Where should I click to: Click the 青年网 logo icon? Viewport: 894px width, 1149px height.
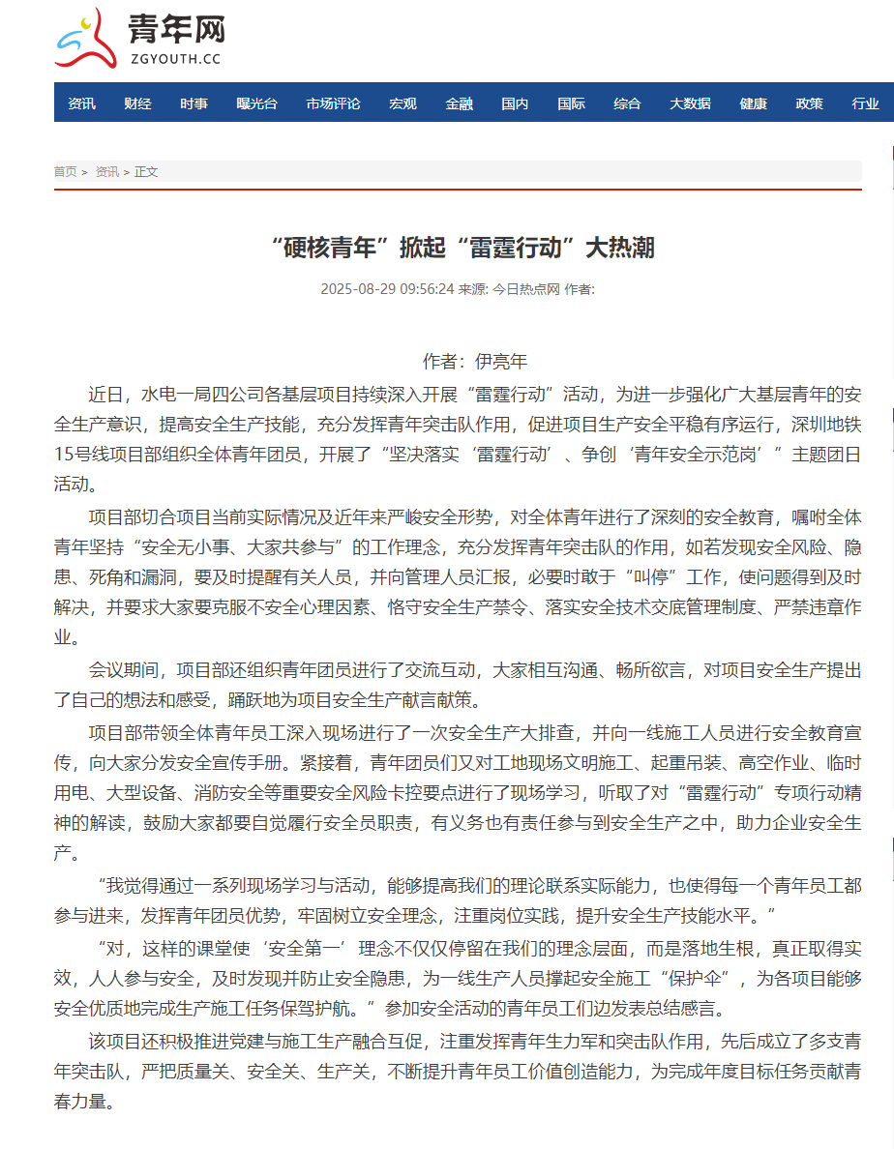(x=85, y=39)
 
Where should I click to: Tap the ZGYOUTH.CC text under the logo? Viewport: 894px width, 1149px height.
(x=174, y=59)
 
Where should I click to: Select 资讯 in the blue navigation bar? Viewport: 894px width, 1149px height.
(x=81, y=103)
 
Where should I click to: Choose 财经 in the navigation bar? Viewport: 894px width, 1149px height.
(x=137, y=103)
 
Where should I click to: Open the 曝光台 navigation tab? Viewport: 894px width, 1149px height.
(x=256, y=103)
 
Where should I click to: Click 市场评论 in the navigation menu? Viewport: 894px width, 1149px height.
(x=333, y=103)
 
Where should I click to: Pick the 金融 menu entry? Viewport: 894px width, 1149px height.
(x=459, y=103)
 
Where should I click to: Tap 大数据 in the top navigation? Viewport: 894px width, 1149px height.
(x=690, y=103)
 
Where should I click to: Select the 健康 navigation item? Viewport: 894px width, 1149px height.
(x=753, y=103)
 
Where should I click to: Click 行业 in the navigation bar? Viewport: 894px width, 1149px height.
(x=865, y=103)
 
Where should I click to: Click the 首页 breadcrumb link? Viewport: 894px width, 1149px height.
(x=65, y=172)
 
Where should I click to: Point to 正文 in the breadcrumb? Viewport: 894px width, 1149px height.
(x=146, y=172)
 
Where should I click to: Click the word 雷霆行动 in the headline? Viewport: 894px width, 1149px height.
(x=514, y=249)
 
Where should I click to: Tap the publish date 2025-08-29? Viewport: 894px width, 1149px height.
(x=355, y=288)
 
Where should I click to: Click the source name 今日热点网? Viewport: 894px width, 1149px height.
(x=526, y=288)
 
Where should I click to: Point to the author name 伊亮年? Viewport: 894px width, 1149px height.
(x=501, y=362)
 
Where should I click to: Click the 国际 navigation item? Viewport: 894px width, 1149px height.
(x=571, y=103)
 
